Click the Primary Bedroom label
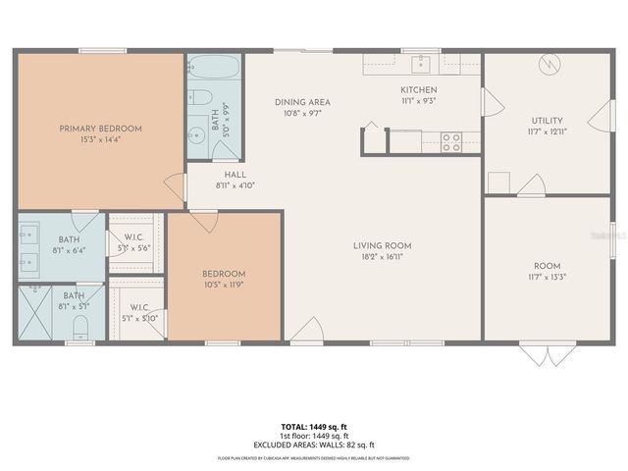tap(100, 129)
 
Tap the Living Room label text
tap(383, 245)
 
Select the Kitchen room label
tap(418, 89)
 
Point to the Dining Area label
tap(302, 102)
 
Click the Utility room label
tap(547, 120)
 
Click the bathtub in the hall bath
tap(214, 70)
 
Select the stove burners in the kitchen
tap(451, 142)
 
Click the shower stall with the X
tap(35, 314)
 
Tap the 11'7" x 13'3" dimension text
tap(547, 277)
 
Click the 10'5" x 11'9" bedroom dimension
tap(224, 285)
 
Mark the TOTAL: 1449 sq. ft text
tap(314, 428)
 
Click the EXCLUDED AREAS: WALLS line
tap(314, 444)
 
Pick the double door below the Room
tap(541, 352)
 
